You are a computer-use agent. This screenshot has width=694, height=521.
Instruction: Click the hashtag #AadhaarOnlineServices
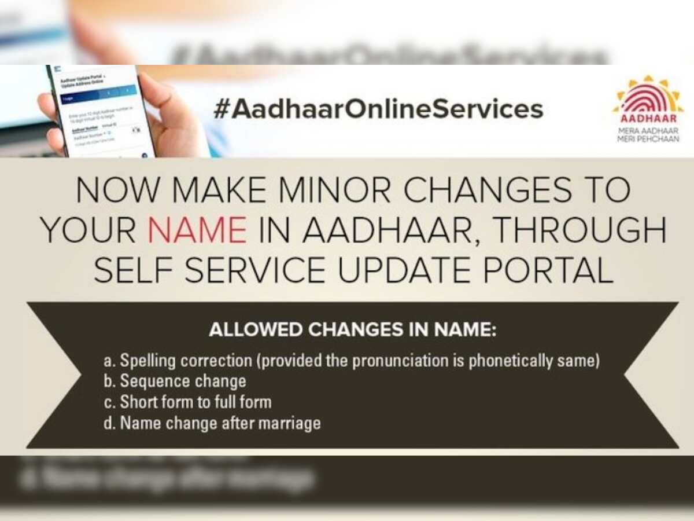click(378, 109)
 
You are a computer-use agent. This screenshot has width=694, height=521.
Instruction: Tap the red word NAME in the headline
click(197, 230)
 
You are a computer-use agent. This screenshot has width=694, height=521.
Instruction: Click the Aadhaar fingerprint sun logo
click(647, 97)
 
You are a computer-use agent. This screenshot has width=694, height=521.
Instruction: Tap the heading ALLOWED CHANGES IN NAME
click(353, 331)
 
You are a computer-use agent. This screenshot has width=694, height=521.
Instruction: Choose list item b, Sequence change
click(175, 381)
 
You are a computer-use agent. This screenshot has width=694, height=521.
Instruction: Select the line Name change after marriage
click(212, 423)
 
